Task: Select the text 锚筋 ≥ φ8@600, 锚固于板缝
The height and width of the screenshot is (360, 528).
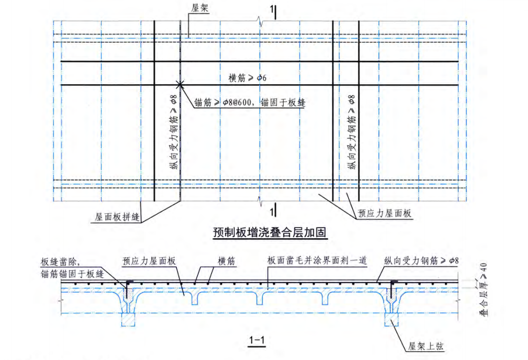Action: pyautogui.click(x=250, y=103)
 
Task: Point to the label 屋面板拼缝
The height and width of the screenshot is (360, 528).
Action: pyautogui.click(x=118, y=217)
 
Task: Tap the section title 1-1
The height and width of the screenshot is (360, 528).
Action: pyautogui.click(x=256, y=339)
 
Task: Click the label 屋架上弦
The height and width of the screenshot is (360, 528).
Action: pyautogui.click(x=426, y=347)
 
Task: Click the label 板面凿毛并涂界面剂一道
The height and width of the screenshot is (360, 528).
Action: pyautogui.click(x=316, y=261)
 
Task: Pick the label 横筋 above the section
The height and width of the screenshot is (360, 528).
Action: pyautogui.click(x=227, y=261)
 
